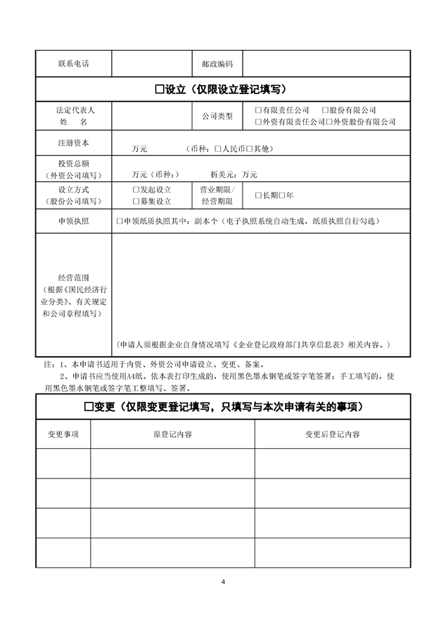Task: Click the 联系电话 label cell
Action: (x=73, y=64)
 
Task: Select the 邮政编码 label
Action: (x=217, y=64)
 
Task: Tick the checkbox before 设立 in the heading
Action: (x=158, y=89)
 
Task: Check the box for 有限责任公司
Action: (x=258, y=110)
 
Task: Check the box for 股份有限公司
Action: (x=325, y=110)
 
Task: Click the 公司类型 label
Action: (x=217, y=116)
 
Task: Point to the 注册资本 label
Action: (x=73, y=143)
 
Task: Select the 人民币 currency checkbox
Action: (x=218, y=149)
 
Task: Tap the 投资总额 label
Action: (x=73, y=163)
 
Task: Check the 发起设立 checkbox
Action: (x=136, y=190)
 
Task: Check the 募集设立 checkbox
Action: (x=136, y=201)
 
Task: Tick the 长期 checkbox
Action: (x=258, y=195)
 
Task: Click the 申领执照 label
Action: (x=73, y=221)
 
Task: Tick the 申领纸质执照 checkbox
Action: (x=120, y=221)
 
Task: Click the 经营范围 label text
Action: (x=73, y=278)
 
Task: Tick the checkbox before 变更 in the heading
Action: (x=89, y=406)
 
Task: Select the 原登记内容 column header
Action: (x=172, y=434)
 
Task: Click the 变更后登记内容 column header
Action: (x=332, y=434)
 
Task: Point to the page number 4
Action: (x=223, y=582)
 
